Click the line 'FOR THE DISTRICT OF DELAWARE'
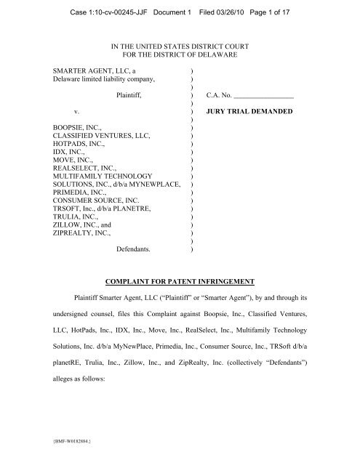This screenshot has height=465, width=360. (180, 55)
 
